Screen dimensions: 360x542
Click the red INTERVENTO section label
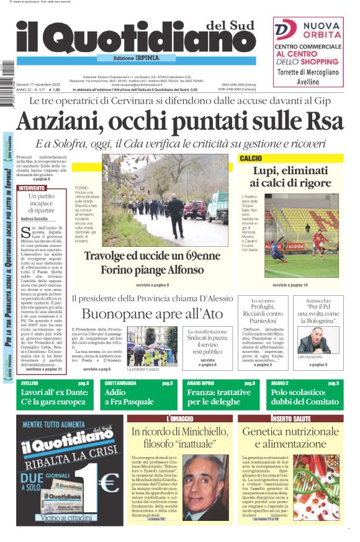point(32,187)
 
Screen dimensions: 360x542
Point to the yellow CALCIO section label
point(251,159)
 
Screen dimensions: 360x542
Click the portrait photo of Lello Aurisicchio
point(310,340)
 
